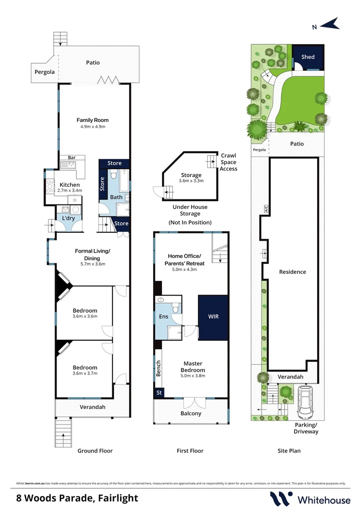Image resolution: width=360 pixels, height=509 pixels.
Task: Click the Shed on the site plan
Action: point(308,57)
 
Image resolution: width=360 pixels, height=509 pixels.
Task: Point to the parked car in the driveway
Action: point(304,402)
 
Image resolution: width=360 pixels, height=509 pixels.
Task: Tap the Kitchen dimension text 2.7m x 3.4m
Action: point(69,190)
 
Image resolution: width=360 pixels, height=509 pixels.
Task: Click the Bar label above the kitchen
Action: point(72,158)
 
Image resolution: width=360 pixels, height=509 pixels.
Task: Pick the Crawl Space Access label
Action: point(228,162)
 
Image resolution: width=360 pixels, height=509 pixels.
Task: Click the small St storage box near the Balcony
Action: point(159,392)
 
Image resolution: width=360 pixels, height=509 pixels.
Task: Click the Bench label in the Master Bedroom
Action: point(159,368)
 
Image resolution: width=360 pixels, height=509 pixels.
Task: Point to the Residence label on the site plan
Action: point(292,272)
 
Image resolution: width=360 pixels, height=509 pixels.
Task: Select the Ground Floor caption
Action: point(95,451)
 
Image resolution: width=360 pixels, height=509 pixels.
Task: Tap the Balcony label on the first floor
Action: point(191,413)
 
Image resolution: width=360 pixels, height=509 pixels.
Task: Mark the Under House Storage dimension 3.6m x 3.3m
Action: point(190,181)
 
